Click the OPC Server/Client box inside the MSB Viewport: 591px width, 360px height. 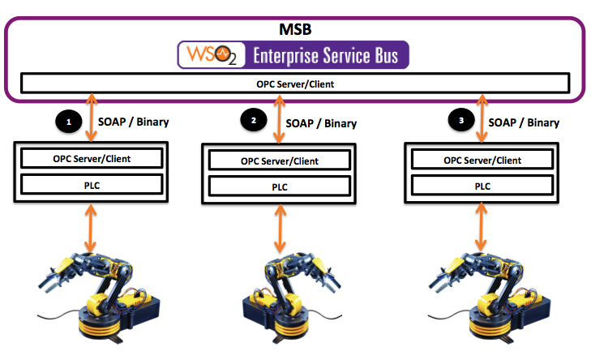pos(295,83)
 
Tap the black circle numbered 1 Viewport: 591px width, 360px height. pos(69,122)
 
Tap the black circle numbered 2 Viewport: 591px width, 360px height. pos(253,120)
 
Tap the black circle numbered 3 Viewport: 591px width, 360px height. pos(461,121)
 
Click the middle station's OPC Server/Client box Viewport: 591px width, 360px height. pos(280,161)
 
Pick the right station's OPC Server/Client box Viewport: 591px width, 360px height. pos(482,160)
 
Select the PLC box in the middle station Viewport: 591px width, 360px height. pos(280,186)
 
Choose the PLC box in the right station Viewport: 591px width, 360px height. pos(482,186)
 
